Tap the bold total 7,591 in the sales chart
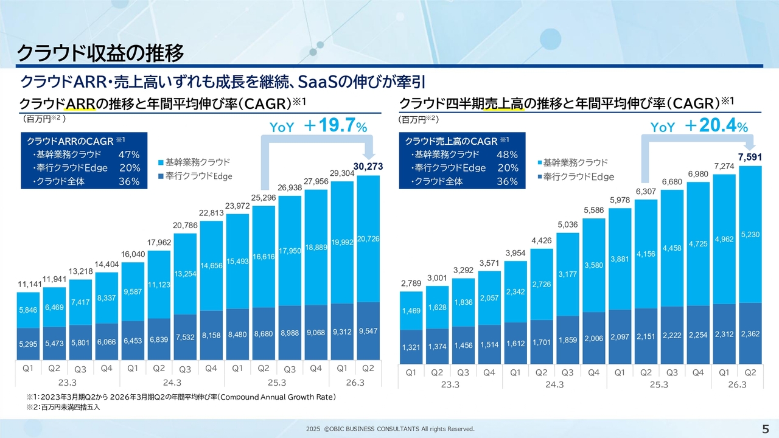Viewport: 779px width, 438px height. (749, 158)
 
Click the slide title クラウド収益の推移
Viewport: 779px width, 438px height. (100, 54)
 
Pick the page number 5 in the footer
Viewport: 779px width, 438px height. (765, 428)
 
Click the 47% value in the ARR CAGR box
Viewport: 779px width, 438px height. (129, 155)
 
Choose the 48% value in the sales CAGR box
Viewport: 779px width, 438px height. (507, 155)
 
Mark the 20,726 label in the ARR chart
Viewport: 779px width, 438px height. (368, 239)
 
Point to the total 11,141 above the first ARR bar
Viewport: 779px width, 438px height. (29, 283)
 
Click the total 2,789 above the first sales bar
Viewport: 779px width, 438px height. (411, 283)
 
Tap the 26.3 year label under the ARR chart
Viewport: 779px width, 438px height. (355, 383)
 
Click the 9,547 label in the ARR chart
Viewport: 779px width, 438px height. (368, 331)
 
